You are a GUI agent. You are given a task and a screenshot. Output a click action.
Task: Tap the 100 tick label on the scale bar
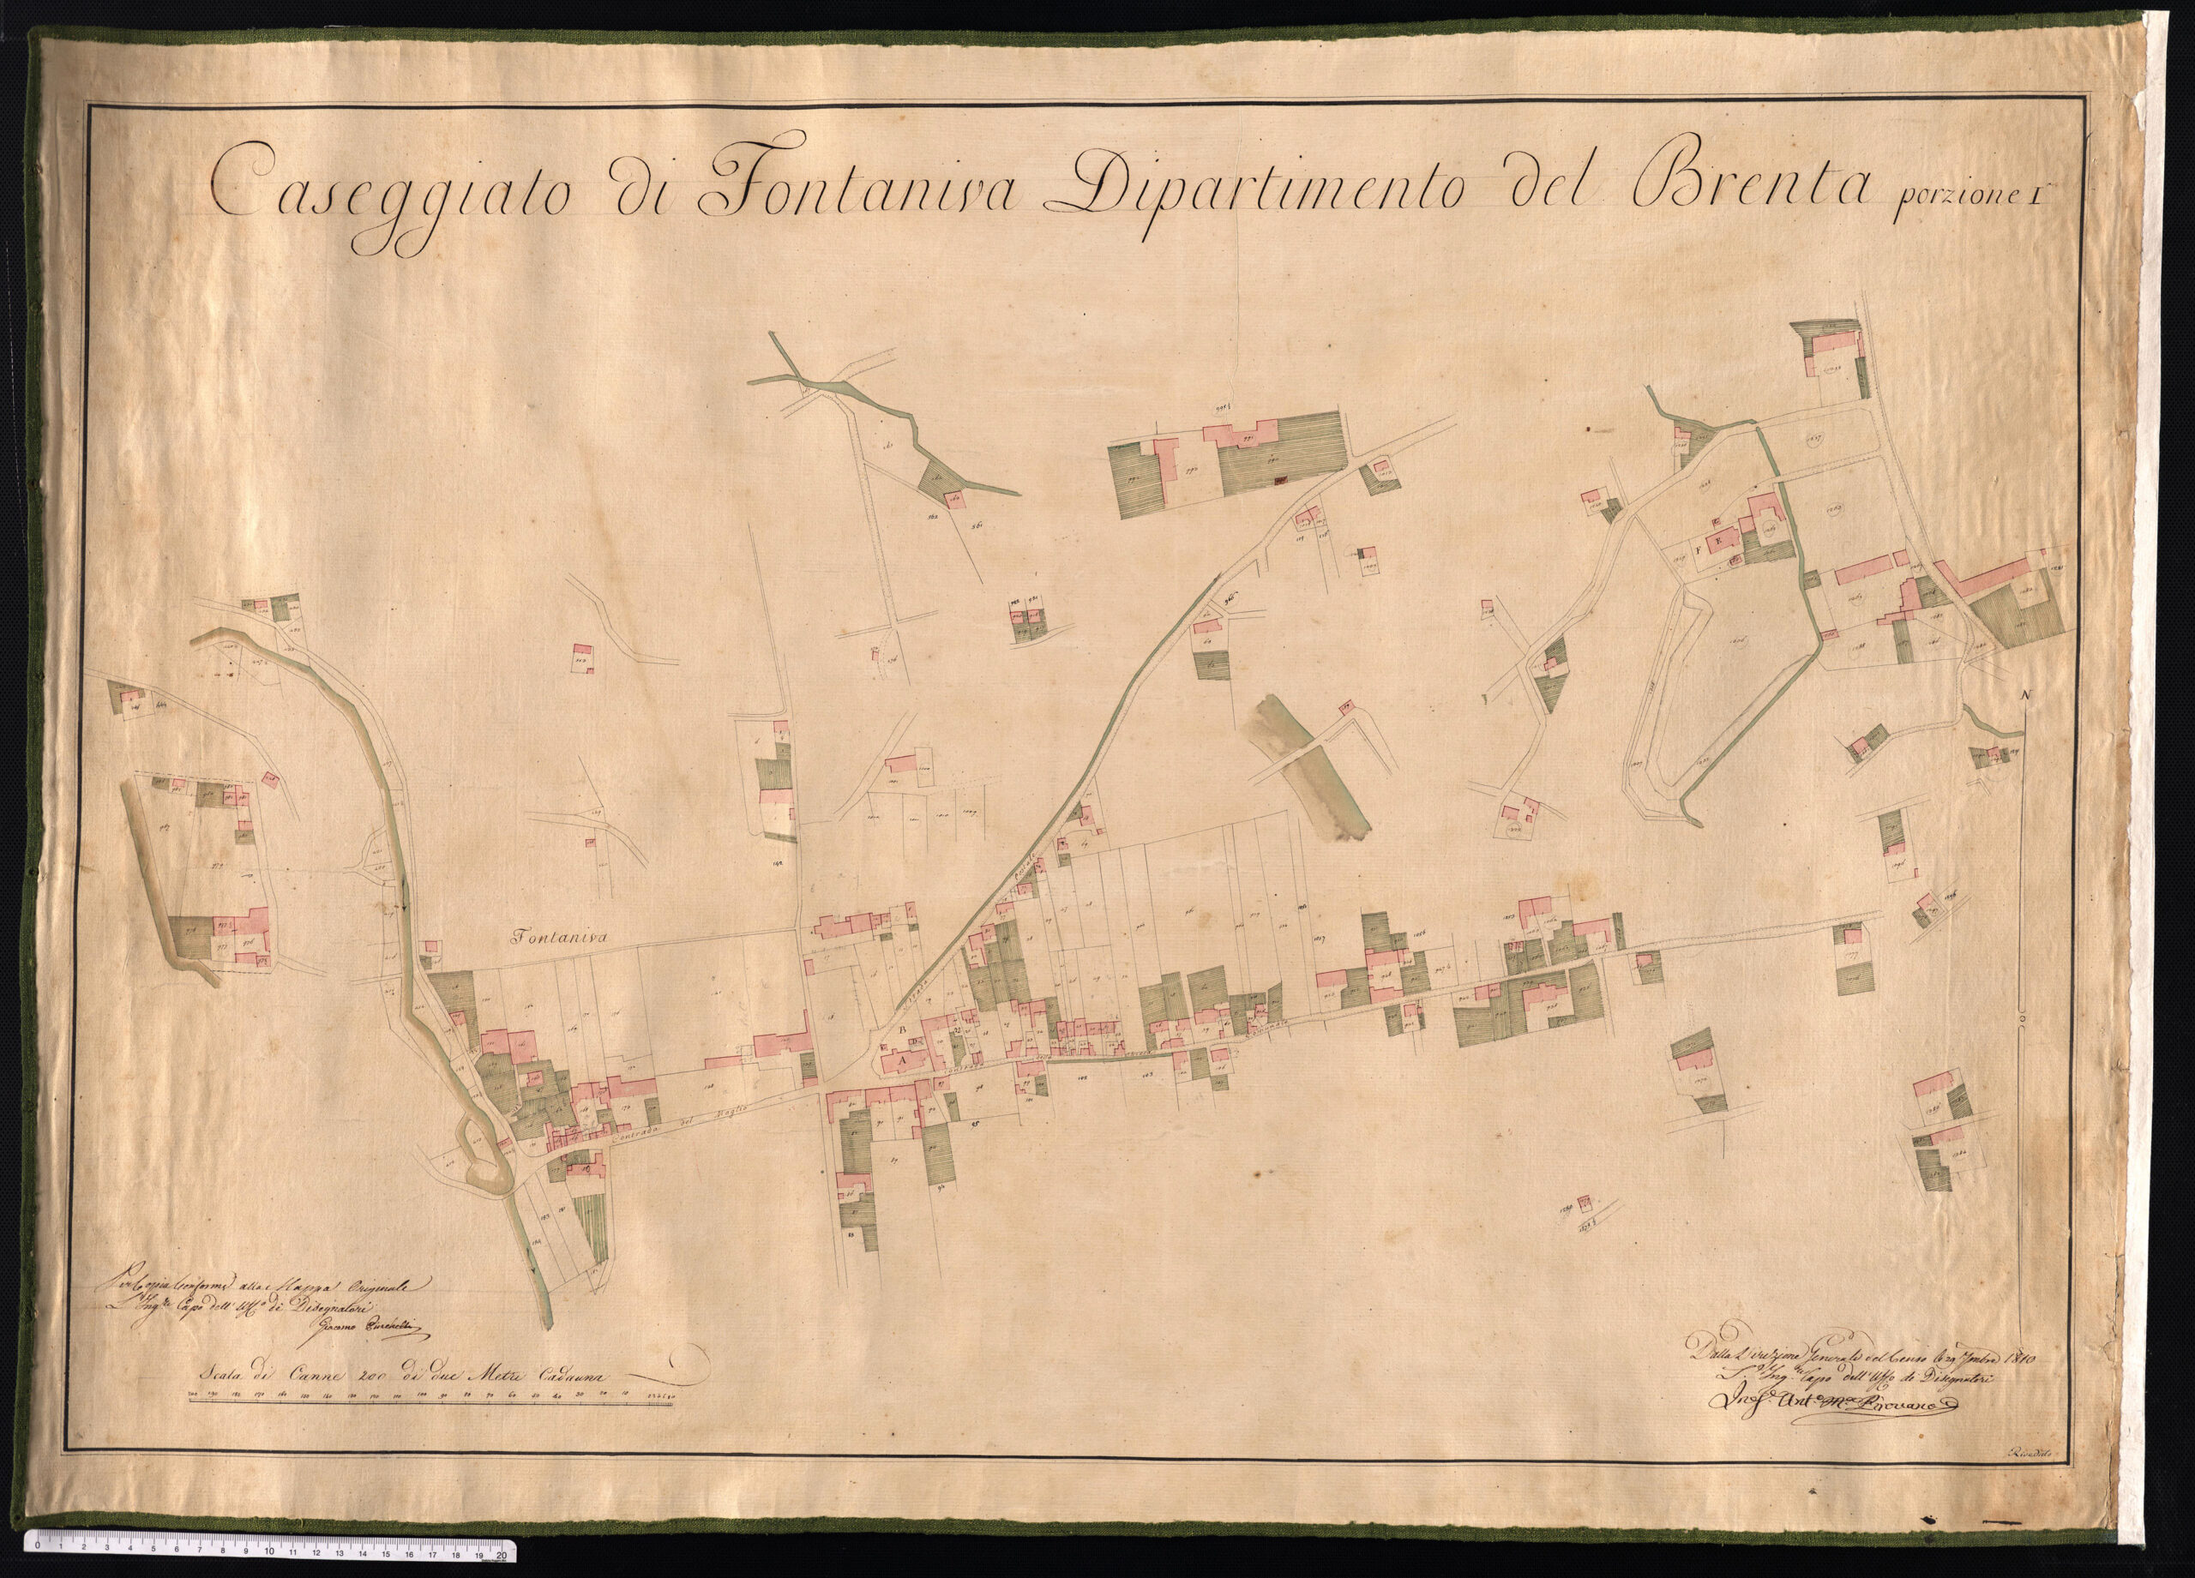[423, 1395]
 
